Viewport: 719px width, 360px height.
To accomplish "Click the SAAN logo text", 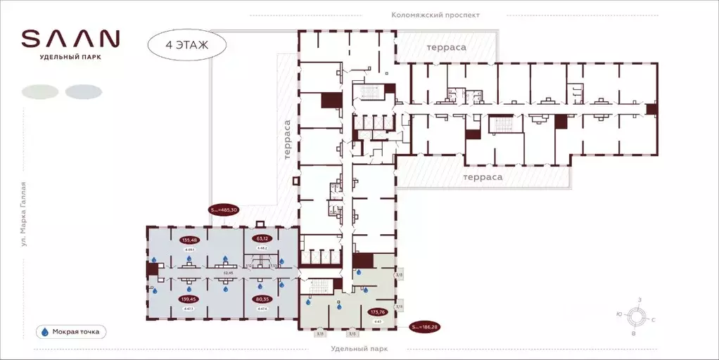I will (70, 38).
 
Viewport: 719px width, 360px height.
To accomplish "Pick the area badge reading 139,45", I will (189, 299).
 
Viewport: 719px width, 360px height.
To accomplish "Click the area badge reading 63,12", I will (263, 238).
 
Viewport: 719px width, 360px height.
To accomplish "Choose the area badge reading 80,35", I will (262, 299).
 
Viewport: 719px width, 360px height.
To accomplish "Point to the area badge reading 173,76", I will (378, 311).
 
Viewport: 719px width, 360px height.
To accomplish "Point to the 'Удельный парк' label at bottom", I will (359, 349).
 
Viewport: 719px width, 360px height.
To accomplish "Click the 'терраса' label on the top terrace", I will (446, 46).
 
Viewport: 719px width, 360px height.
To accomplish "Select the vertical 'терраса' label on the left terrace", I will (287, 141).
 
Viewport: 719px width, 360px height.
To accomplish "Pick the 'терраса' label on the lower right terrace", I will (483, 177).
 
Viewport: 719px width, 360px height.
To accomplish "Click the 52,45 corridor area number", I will (227, 274).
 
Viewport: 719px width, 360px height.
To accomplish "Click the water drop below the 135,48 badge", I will (189, 259).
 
